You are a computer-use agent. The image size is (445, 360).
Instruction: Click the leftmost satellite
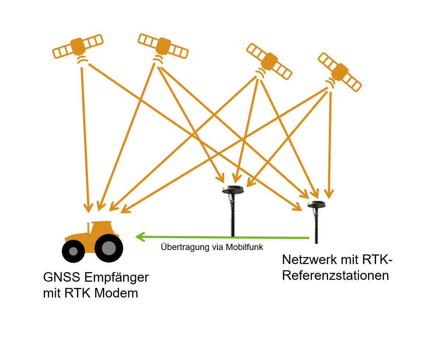pyautogui.click(x=78, y=46)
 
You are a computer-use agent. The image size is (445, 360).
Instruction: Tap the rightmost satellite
pyautogui.click(x=340, y=72)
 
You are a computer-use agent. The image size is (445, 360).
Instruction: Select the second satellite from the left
pyautogui.click(x=163, y=46)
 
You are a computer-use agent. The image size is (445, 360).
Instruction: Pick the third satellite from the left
pyautogui.click(x=269, y=61)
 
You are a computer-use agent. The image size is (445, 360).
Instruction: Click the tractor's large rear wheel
pyautogui.click(x=108, y=248)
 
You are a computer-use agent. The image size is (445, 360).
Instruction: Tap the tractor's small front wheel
pyautogui.click(x=74, y=251)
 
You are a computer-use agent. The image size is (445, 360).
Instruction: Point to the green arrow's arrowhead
pyautogui.click(x=140, y=236)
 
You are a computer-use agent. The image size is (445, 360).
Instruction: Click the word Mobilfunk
pyautogui.click(x=245, y=247)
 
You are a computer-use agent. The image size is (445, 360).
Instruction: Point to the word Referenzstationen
pyautogui.click(x=335, y=275)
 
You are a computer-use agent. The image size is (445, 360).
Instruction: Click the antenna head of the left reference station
pyautogui.click(x=233, y=189)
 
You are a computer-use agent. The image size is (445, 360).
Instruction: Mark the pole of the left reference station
pyautogui.click(x=233, y=217)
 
